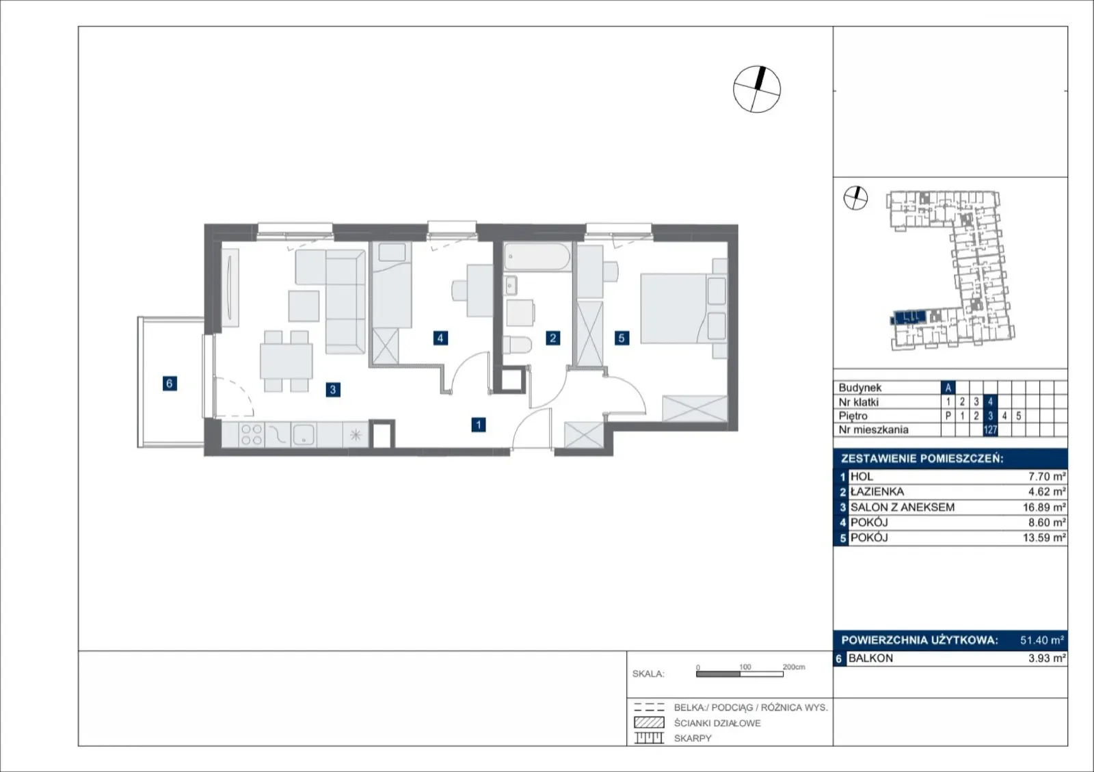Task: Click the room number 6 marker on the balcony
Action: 170,384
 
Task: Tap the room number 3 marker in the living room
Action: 333,390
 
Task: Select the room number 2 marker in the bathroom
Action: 553,338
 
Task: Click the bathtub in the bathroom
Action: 537,257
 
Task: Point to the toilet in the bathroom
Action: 516,345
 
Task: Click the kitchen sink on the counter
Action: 304,434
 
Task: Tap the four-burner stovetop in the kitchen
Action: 252,435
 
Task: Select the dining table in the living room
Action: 286,361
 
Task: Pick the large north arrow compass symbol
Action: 757,90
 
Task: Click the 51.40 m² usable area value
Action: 1042,640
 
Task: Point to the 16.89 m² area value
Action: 1044,507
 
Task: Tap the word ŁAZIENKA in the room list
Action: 877,492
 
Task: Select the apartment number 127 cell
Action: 991,429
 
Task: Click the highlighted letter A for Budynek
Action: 948,388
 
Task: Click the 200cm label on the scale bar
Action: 794,667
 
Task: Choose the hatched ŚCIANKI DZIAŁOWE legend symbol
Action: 649,723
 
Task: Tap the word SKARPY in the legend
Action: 693,738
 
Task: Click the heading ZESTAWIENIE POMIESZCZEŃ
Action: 922,459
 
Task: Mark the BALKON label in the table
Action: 870,658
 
